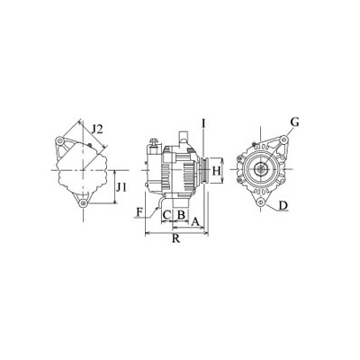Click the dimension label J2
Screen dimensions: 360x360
(97, 130)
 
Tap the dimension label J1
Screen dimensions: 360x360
(121, 187)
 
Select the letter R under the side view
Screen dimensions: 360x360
(176, 238)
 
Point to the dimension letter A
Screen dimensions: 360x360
(195, 221)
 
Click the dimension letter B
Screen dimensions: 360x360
(181, 215)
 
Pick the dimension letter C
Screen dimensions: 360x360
(166, 215)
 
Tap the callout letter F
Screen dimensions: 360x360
(139, 212)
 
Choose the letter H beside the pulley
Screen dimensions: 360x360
(216, 171)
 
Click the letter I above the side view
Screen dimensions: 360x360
(203, 122)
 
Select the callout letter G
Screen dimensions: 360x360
(295, 122)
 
